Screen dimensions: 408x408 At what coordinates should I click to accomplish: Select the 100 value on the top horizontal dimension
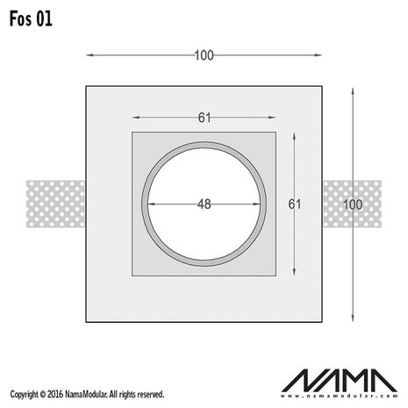pyautogui.click(x=204, y=55)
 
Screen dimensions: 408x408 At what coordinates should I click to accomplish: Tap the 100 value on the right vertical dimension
pyautogui.click(x=351, y=204)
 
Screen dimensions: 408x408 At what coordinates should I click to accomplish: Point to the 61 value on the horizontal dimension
pyautogui.click(x=204, y=117)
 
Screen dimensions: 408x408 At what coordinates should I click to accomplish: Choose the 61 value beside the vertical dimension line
pyautogui.click(x=296, y=204)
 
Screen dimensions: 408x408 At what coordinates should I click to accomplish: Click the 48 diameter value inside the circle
pyautogui.click(x=204, y=204)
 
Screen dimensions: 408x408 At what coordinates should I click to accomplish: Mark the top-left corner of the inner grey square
pyautogui.click(x=132, y=132)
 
